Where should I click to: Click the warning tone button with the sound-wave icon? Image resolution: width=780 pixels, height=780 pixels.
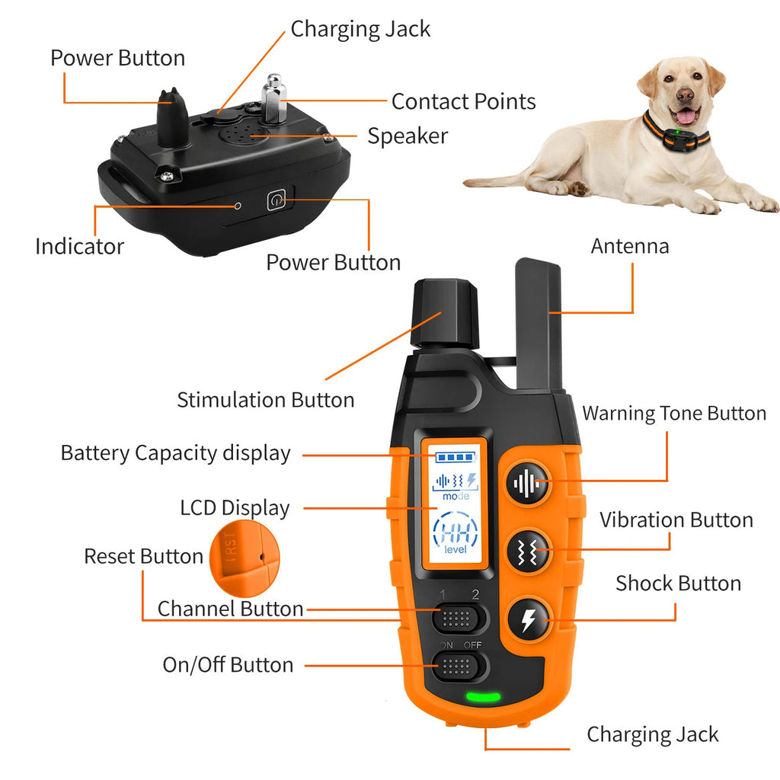pyautogui.click(x=527, y=483)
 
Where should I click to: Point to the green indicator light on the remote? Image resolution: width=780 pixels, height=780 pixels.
pyautogui.click(x=483, y=696)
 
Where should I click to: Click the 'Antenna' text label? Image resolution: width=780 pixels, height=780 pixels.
pyautogui.click(x=630, y=247)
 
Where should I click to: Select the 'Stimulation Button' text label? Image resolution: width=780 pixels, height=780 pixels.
pyautogui.click(x=265, y=400)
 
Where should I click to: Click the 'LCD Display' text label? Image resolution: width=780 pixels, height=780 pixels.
pyautogui.click(x=235, y=508)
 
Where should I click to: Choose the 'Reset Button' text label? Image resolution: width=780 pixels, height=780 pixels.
pyautogui.click(x=143, y=557)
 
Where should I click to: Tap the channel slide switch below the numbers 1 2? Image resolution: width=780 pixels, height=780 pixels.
pyautogui.click(x=459, y=617)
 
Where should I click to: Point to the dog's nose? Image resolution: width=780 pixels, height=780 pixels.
pyautogui.click(x=685, y=96)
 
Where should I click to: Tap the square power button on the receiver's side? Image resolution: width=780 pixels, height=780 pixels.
pyautogui.click(x=277, y=201)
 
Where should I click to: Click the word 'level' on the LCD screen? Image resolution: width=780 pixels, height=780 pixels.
pyautogui.click(x=456, y=550)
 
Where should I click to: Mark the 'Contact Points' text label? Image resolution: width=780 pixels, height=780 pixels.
pyautogui.click(x=463, y=101)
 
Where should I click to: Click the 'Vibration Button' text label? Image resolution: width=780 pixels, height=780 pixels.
pyautogui.click(x=676, y=520)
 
